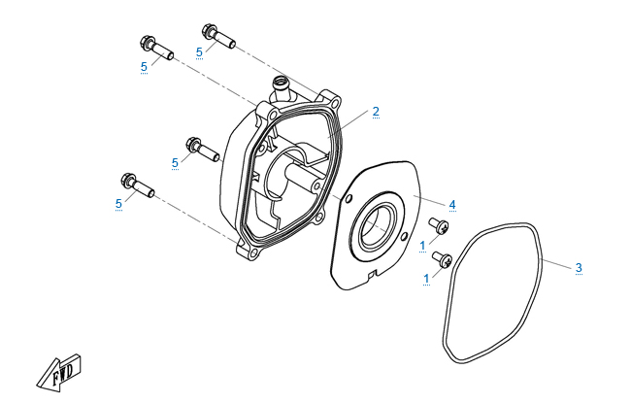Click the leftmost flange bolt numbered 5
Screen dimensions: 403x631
[137, 185]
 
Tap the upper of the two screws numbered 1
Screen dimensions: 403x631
[444, 227]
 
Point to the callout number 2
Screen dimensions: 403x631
[376, 112]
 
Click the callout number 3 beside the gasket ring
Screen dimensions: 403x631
[579, 267]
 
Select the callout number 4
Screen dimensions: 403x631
[451, 204]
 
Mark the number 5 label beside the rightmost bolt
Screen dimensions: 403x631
[199, 51]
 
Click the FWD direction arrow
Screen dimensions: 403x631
[60, 371]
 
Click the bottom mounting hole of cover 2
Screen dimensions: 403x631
[250, 254]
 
